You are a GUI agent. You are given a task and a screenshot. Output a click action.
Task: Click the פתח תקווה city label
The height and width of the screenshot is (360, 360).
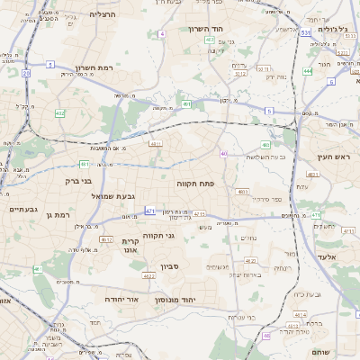(x=220, y=182)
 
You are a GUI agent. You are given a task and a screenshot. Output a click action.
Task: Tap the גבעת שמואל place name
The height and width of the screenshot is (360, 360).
(x=113, y=196)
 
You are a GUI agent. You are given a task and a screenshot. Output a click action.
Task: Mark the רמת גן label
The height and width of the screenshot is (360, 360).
(x=57, y=215)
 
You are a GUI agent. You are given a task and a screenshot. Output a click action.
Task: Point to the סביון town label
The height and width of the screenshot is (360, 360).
(x=171, y=266)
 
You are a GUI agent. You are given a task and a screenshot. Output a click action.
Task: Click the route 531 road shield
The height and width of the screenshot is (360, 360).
(x=305, y=32)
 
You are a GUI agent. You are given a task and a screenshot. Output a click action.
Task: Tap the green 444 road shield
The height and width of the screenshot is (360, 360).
(x=308, y=70)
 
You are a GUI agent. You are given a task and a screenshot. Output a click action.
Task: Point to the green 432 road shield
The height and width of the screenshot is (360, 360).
(x=59, y=113)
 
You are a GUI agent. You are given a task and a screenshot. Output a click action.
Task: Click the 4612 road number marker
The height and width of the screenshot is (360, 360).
(x=106, y=240)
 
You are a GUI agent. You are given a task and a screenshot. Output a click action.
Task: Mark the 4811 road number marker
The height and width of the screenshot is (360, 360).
(x=156, y=143)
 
